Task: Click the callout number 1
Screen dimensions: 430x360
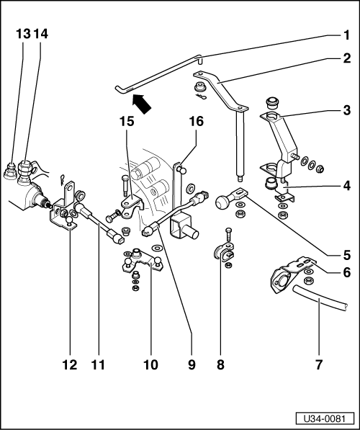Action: coord(346,34)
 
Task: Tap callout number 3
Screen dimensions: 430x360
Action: coord(346,110)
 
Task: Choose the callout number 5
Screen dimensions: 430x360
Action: coord(346,254)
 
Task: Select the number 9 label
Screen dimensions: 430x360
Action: coord(192,365)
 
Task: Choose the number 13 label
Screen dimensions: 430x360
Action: coord(23,34)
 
